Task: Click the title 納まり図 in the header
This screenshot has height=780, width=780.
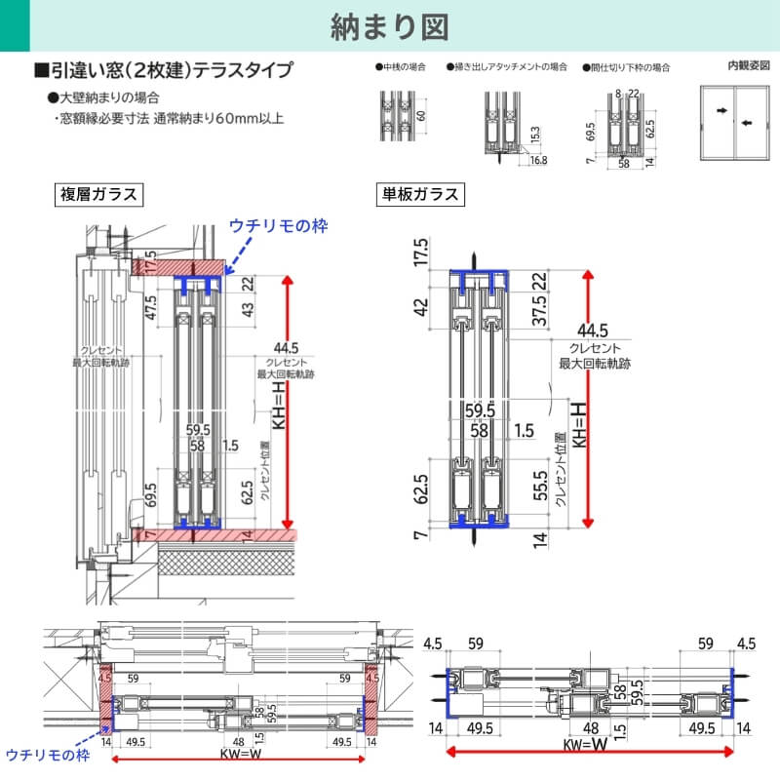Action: [x=389, y=26]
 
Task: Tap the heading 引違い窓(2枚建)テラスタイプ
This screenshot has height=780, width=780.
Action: [x=163, y=70]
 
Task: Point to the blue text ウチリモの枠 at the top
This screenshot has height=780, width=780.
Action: [x=278, y=225]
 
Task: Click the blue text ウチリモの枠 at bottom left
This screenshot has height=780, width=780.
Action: [x=48, y=755]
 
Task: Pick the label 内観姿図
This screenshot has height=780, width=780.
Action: [x=748, y=66]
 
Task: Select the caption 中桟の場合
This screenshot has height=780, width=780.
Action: [x=401, y=68]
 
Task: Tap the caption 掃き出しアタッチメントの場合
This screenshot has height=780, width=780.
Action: [x=507, y=68]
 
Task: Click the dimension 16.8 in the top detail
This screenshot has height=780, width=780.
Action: [x=537, y=160]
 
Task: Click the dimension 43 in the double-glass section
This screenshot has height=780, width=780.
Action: [x=247, y=310]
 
